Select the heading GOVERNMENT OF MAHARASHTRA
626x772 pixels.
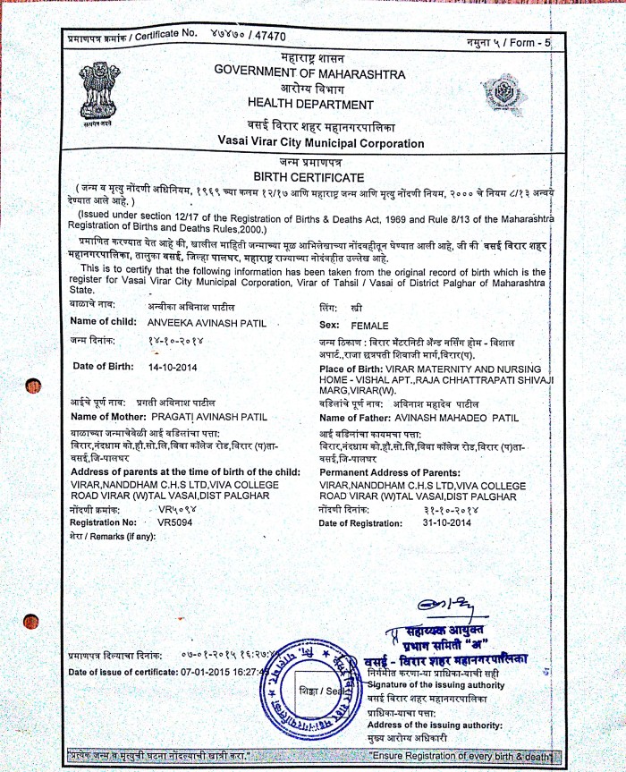pos(309,73)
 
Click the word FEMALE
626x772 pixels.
pos(370,327)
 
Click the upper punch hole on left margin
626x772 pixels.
pos(34,386)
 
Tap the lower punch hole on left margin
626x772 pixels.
pos(32,621)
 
